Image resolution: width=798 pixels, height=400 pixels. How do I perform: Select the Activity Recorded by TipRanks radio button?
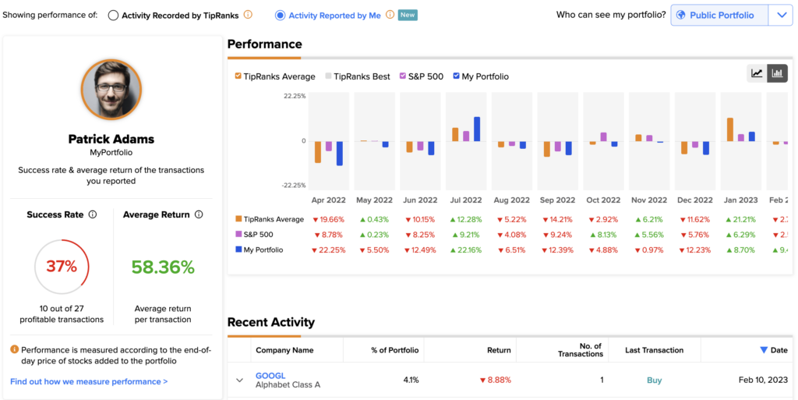coord(113,16)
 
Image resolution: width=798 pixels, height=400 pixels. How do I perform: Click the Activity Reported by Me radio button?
coord(280,16)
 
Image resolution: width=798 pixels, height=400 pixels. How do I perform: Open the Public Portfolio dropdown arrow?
coord(782,16)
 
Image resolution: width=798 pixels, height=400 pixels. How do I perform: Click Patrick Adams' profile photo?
coord(111,90)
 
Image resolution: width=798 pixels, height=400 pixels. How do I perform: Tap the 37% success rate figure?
coord(62,266)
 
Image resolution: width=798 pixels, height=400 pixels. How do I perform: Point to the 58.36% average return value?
coord(163,267)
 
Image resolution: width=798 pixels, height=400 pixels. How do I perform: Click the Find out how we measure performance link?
coord(89,381)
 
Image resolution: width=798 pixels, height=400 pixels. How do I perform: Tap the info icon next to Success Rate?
coord(93,214)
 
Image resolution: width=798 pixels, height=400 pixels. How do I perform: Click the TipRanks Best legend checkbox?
coord(328,76)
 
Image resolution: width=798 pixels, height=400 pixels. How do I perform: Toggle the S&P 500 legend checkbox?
coord(403,76)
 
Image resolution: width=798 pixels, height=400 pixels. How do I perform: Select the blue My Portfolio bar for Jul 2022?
coord(477,129)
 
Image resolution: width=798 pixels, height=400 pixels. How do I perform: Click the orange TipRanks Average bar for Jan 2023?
coord(730,129)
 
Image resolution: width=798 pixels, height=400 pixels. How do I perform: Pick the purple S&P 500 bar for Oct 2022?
coord(604,137)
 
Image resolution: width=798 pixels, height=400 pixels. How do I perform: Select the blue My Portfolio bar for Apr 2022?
coord(340,153)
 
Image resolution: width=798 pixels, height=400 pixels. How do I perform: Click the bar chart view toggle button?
coord(777,73)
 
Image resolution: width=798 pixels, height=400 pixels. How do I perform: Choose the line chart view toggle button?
coord(757,73)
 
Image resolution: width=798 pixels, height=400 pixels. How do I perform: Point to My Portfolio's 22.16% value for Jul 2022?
coord(466,250)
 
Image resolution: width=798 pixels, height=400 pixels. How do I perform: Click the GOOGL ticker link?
coord(270,376)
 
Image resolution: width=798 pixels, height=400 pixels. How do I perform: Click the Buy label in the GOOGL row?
coord(654,381)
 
